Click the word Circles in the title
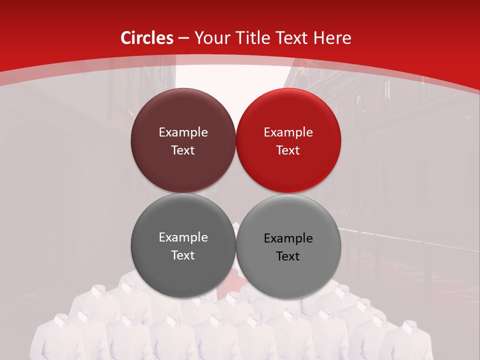(146, 38)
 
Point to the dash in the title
(183, 38)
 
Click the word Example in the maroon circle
(183, 132)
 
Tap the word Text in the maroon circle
(183, 150)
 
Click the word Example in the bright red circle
(288, 132)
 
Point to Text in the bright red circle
(288, 150)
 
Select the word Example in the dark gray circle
(183, 237)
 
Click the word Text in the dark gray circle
(183, 255)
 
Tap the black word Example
(288, 238)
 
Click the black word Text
(288, 256)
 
